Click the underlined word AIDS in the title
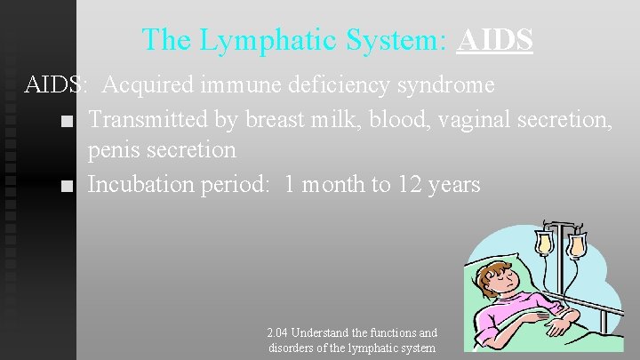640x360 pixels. click(494, 40)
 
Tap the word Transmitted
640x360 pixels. click(148, 118)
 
